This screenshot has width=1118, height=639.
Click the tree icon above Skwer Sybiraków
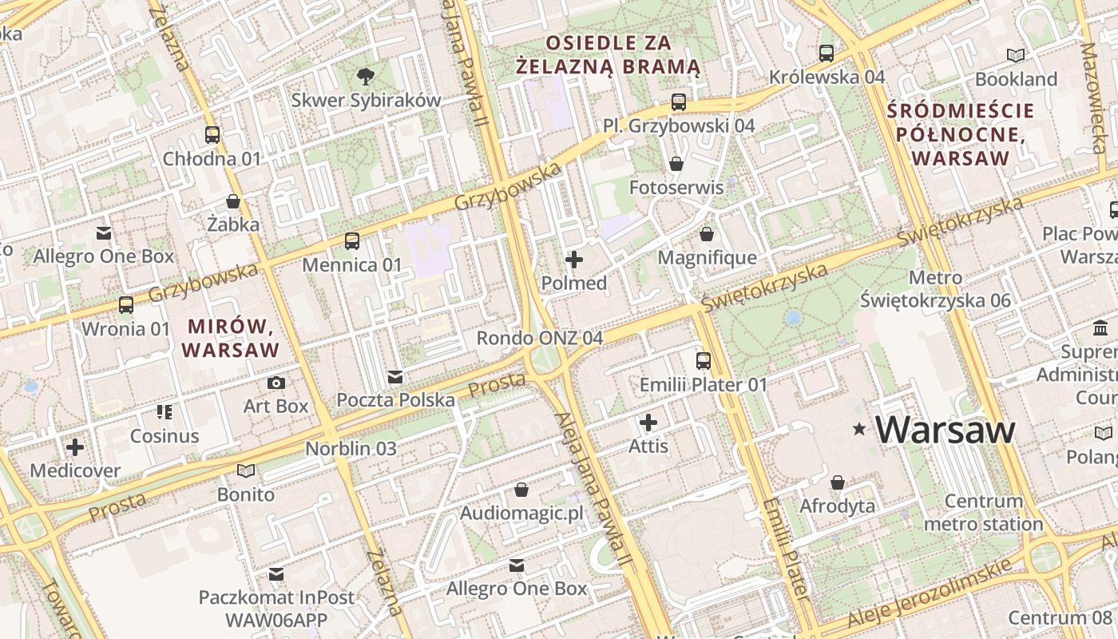pos(366,77)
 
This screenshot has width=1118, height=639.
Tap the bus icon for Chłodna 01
pos(212,135)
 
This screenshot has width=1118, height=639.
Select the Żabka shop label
pos(233,224)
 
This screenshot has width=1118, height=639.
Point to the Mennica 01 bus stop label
pos(352,264)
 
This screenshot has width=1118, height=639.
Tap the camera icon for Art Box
pos(276,383)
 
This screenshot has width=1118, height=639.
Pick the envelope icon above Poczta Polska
pos(395,377)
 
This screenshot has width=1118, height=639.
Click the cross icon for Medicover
pos(75,447)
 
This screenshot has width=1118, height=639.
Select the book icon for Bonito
pos(246,471)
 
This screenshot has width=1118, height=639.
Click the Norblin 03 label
pos(351,448)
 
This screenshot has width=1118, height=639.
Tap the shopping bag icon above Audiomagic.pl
pos(521,490)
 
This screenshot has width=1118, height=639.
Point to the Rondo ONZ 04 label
pos(540,338)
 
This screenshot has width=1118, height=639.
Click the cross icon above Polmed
pos(574,260)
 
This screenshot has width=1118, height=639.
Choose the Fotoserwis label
pos(676,188)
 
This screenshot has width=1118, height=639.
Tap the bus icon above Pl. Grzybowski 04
pos(679,102)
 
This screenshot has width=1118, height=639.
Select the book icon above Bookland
pos(1016,55)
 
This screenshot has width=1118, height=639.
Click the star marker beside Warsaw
pos(859,430)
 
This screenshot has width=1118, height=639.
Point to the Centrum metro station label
pos(983,513)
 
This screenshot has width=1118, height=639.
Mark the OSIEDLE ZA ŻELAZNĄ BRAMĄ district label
pos(608,54)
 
